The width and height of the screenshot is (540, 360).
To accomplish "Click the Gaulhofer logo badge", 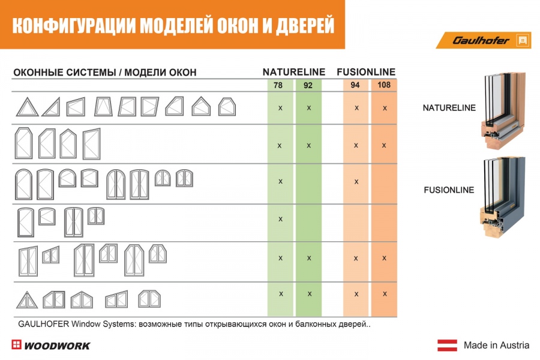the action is (x=484, y=40).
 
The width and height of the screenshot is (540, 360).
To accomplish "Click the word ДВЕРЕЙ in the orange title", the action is (x=305, y=25).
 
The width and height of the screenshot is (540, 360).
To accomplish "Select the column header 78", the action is (x=278, y=85).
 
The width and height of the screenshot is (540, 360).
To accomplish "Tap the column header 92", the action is (x=308, y=85).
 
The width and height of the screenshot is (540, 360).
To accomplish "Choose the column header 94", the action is (x=355, y=85).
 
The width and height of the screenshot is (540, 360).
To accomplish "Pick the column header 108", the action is (x=383, y=85).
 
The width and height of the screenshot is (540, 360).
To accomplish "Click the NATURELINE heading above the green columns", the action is (x=294, y=72).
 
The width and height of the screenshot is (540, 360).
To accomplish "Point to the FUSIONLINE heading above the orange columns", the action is (x=366, y=72).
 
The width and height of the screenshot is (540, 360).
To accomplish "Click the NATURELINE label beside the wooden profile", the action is (x=449, y=108).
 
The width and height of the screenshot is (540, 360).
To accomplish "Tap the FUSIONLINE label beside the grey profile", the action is (x=449, y=190).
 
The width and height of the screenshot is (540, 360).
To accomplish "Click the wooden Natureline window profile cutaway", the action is (x=503, y=110).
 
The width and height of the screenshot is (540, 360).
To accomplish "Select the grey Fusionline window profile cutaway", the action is (x=502, y=196).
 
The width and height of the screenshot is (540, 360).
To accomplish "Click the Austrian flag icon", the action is (x=448, y=345).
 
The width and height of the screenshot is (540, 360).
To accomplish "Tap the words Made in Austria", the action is (x=496, y=345).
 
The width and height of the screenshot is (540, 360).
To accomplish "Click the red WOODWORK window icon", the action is (x=16, y=344).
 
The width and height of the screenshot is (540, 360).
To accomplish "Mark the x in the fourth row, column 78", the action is (x=280, y=219).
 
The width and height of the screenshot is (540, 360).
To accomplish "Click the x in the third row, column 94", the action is (x=356, y=182).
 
